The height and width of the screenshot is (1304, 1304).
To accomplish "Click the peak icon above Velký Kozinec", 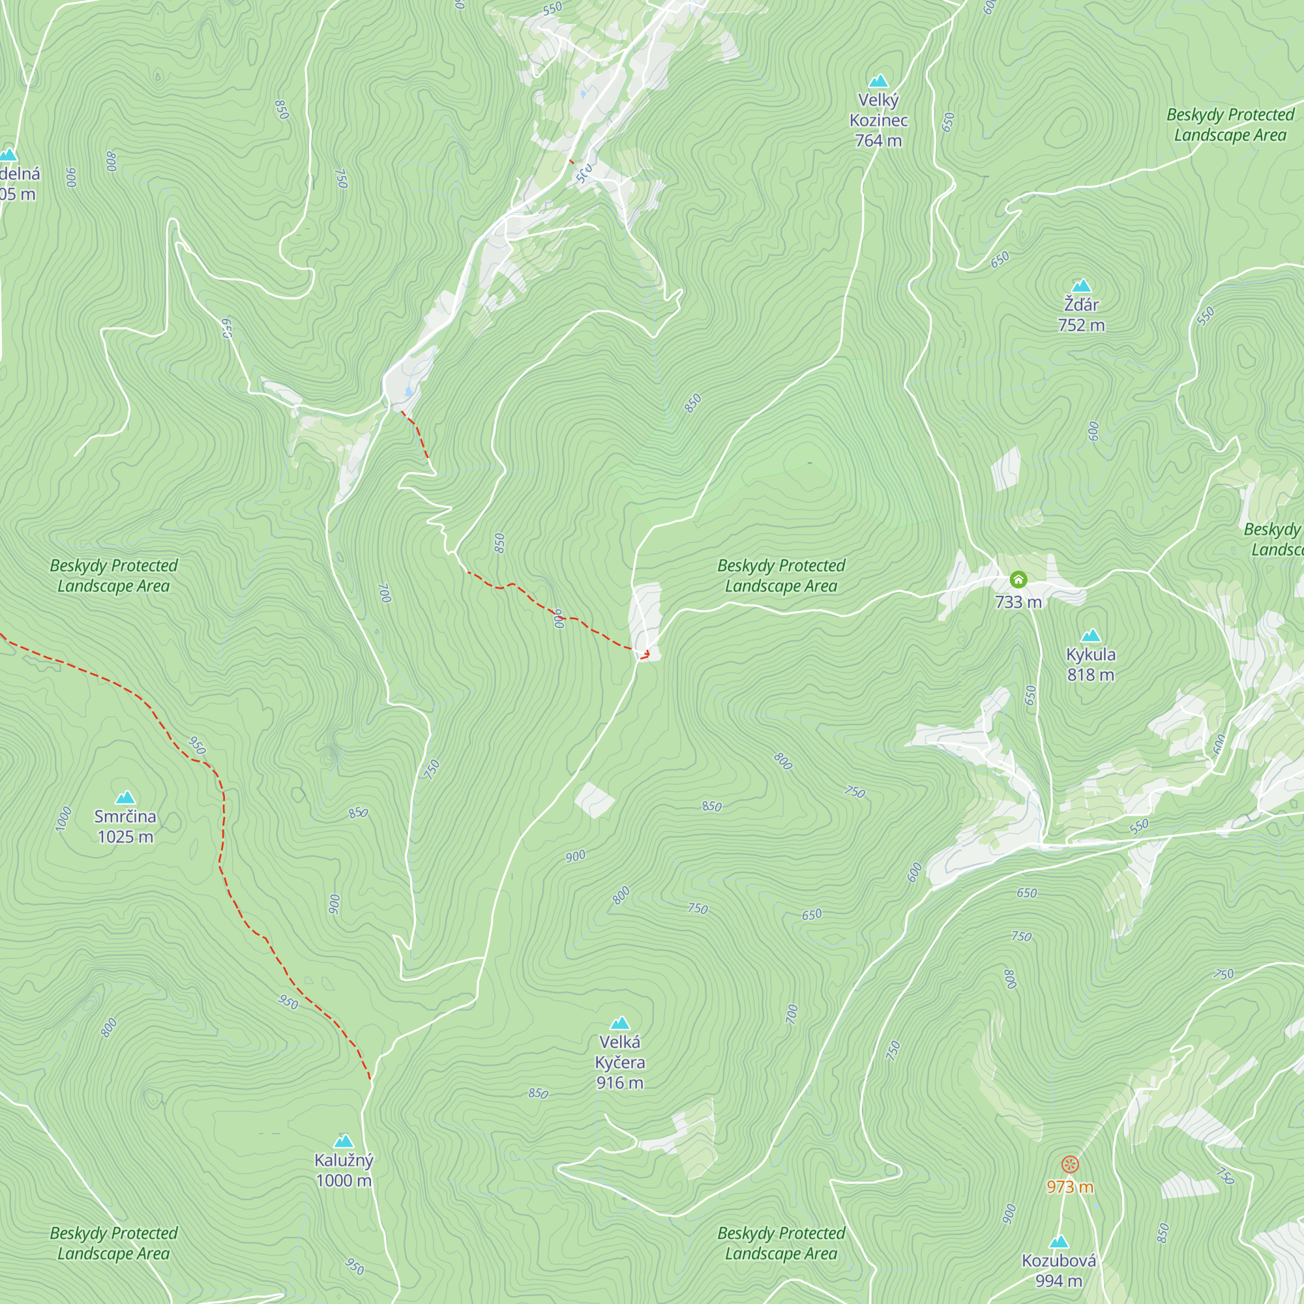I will click(x=878, y=81).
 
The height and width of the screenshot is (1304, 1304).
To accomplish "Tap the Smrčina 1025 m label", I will click(x=125, y=826).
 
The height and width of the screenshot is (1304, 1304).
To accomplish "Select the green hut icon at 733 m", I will click(x=1018, y=579).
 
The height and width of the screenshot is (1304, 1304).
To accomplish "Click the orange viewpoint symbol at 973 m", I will click(x=1070, y=1164).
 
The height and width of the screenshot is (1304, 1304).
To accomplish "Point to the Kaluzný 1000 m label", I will click(x=344, y=1170).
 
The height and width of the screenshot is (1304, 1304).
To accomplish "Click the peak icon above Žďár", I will click(x=1081, y=286).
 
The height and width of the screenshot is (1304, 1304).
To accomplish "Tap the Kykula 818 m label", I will click(x=1090, y=664).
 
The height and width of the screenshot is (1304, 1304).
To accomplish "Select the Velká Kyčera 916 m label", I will click(x=619, y=1062).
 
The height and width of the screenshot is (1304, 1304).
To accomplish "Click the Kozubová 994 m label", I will click(x=1058, y=1270).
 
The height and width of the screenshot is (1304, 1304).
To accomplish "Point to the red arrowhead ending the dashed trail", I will click(x=646, y=653).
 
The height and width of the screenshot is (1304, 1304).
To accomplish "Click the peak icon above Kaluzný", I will click(x=344, y=1142).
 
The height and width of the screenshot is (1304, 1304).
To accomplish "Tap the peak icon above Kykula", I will click(x=1091, y=636).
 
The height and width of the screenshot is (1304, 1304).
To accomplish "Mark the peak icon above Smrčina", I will click(x=125, y=798).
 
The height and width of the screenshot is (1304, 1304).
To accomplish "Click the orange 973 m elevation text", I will click(x=1070, y=1187).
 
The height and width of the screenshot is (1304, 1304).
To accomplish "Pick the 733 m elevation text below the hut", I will click(x=1018, y=601).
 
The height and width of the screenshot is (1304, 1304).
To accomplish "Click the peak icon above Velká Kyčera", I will click(x=619, y=1023).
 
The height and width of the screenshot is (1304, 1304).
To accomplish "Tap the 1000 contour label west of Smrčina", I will click(x=63, y=819).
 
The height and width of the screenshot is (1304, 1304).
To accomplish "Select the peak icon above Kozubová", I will click(x=1059, y=1242).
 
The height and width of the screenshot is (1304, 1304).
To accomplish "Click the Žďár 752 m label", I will click(x=1081, y=314).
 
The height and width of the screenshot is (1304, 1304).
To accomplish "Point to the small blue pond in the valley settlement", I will click(x=408, y=391).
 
